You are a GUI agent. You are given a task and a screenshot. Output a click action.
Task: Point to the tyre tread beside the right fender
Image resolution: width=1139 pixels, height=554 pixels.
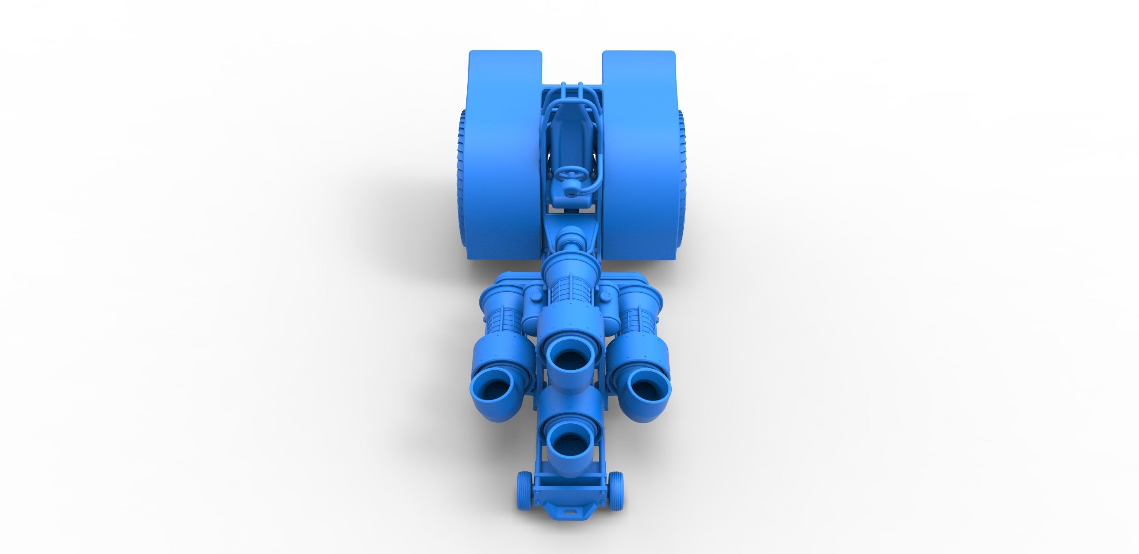pyautogui.click(x=681, y=168)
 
